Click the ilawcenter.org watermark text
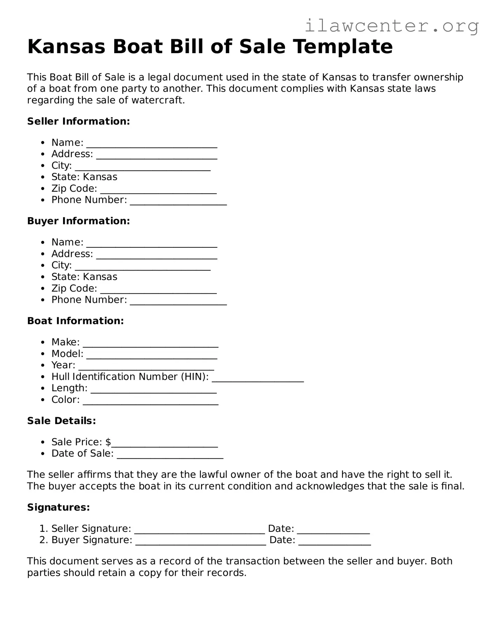391,26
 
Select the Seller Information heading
78,121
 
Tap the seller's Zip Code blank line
158,190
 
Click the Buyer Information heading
78,221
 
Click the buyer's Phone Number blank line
178,301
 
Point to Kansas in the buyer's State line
100,277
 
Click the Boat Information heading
75,321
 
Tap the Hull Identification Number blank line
258,378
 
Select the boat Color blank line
151,401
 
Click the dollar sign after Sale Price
108,442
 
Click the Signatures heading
58,507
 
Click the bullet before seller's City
43,166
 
